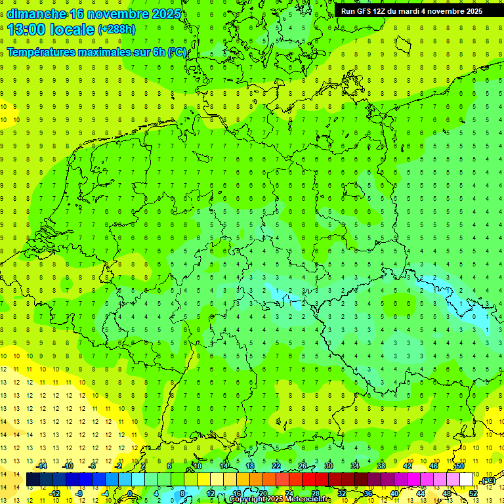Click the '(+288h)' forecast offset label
point(117,30)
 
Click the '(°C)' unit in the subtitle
point(177,52)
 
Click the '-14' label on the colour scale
point(42,466)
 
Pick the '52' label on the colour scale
point(473,493)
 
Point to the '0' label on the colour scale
point(131,493)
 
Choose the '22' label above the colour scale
point(276,466)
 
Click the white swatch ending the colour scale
point(466,480)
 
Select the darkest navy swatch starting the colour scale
point(33,480)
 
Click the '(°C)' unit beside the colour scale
point(488,481)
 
